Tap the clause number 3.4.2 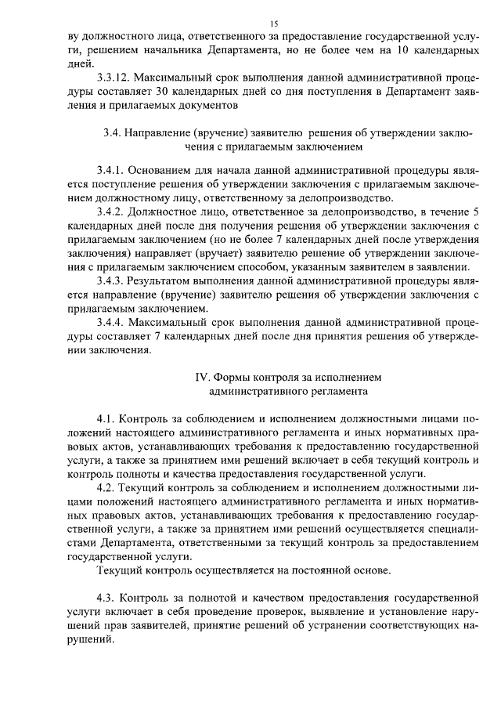pos(109,212)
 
